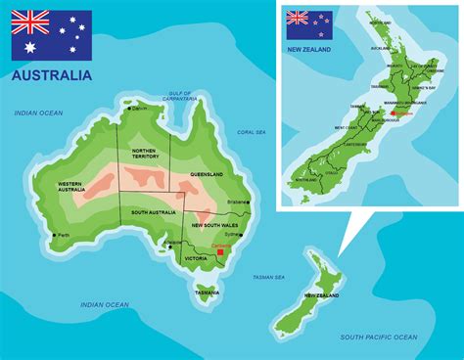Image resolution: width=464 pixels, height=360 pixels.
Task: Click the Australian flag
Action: click(52, 35)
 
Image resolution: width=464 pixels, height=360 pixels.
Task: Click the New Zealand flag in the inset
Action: click(308, 24)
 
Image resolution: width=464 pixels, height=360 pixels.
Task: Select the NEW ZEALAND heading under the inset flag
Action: click(309, 48)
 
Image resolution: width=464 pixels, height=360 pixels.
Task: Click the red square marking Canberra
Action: click(221, 252)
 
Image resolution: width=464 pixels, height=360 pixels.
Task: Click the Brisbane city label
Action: click(238, 202)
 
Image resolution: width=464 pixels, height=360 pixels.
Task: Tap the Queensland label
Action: click(207, 174)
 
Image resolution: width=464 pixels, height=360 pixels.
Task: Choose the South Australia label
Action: click(153, 212)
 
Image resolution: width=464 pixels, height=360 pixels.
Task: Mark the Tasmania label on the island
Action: click(208, 292)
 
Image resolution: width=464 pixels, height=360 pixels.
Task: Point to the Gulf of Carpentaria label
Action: click(179, 96)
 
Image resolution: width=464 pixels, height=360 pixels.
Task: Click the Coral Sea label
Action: click(252, 132)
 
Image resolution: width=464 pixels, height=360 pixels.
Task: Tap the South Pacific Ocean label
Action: click(378, 337)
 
